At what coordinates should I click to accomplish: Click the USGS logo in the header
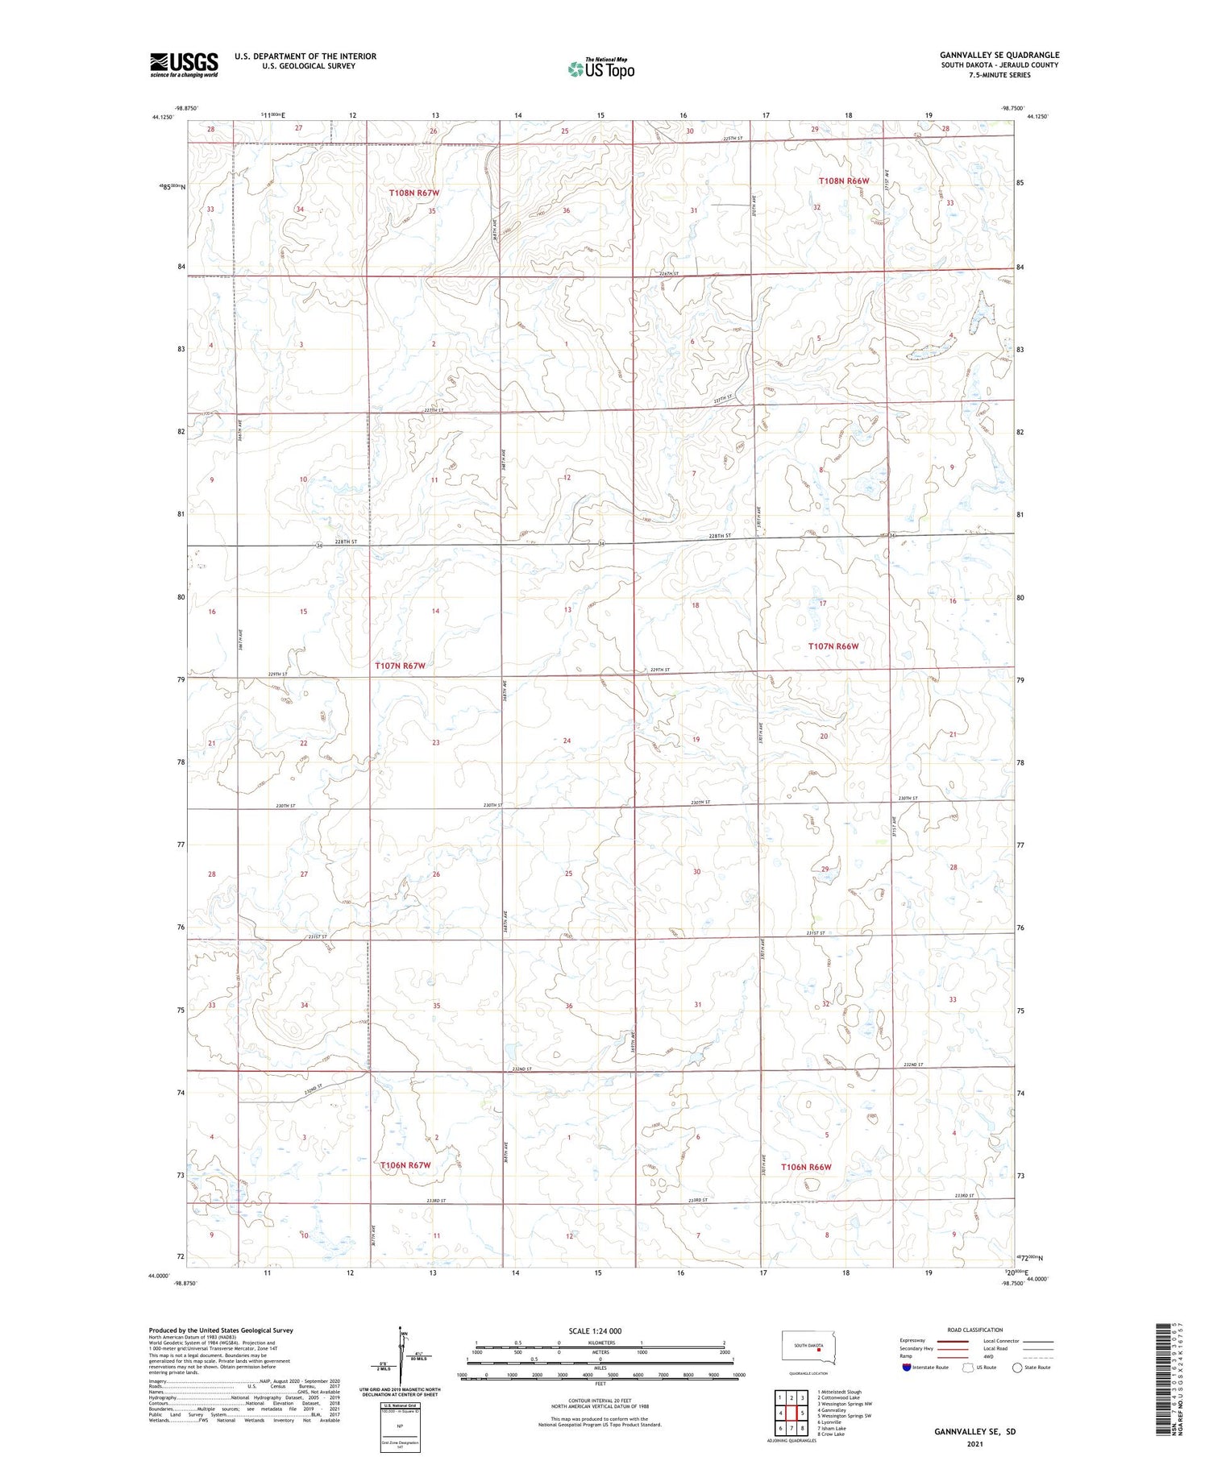184,64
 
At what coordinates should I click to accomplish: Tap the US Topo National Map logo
600,69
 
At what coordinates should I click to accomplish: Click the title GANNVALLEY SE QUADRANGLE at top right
999,56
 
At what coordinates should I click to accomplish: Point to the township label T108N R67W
414,193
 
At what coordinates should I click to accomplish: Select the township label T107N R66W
833,646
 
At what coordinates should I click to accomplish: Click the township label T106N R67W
405,1165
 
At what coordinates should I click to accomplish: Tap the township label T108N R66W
843,181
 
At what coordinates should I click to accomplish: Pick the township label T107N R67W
399,666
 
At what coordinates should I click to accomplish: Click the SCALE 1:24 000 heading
595,1331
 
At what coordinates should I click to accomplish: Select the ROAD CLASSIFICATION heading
975,1330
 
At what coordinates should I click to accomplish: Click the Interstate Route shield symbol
907,1368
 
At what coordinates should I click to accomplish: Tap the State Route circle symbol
1017,1368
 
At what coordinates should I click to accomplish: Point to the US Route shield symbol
968,1368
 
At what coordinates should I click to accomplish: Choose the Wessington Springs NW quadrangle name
845,1404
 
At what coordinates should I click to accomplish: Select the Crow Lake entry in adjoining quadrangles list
831,1434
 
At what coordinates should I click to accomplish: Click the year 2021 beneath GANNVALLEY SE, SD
974,1443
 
